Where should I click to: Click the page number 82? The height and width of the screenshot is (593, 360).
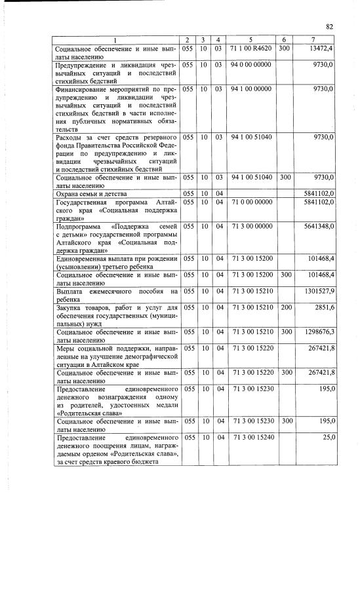[330, 27]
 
